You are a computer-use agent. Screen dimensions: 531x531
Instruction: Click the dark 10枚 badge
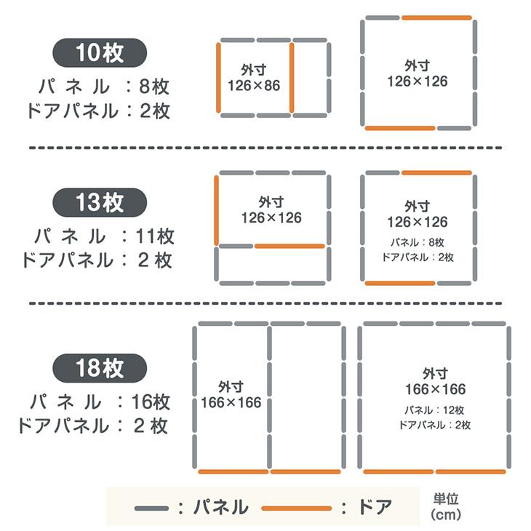[x=100, y=53]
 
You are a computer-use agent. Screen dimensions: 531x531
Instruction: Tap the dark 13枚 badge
[x=100, y=202]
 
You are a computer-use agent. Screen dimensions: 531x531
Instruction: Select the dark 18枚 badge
[x=100, y=368]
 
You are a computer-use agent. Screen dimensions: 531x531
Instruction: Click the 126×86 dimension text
[x=254, y=86]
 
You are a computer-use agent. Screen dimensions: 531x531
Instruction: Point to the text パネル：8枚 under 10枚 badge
[x=103, y=87]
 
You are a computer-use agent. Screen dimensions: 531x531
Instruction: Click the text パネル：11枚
[x=104, y=236]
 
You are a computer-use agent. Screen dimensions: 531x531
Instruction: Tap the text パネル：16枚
[x=100, y=402]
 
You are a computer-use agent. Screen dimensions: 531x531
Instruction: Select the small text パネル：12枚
[x=434, y=410]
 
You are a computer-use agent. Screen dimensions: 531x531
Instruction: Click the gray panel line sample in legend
[x=151, y=508]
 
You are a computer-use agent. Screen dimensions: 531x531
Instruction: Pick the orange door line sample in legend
[x=297, y=508]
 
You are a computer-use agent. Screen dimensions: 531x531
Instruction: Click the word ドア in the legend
[x=375, y=507]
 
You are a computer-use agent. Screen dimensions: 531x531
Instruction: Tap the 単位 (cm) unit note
[x=446, y=507]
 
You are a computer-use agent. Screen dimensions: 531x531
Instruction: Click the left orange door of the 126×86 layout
[x=218, y=78]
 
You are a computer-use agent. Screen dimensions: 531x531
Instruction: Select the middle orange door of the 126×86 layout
[x=292, y=78]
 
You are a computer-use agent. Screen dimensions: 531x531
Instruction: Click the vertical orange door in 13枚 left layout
[x=216, y=210]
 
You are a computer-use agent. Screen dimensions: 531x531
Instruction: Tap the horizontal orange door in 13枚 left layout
[x=290, y=246]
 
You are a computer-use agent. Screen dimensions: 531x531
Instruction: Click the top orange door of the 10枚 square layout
[x=437, y=17]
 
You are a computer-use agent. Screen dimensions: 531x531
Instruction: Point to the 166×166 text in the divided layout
[x=231, y=403]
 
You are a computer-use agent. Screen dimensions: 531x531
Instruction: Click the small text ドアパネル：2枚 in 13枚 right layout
[x=418, y=257]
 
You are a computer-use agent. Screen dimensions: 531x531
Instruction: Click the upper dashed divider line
[x=265, y=148]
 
